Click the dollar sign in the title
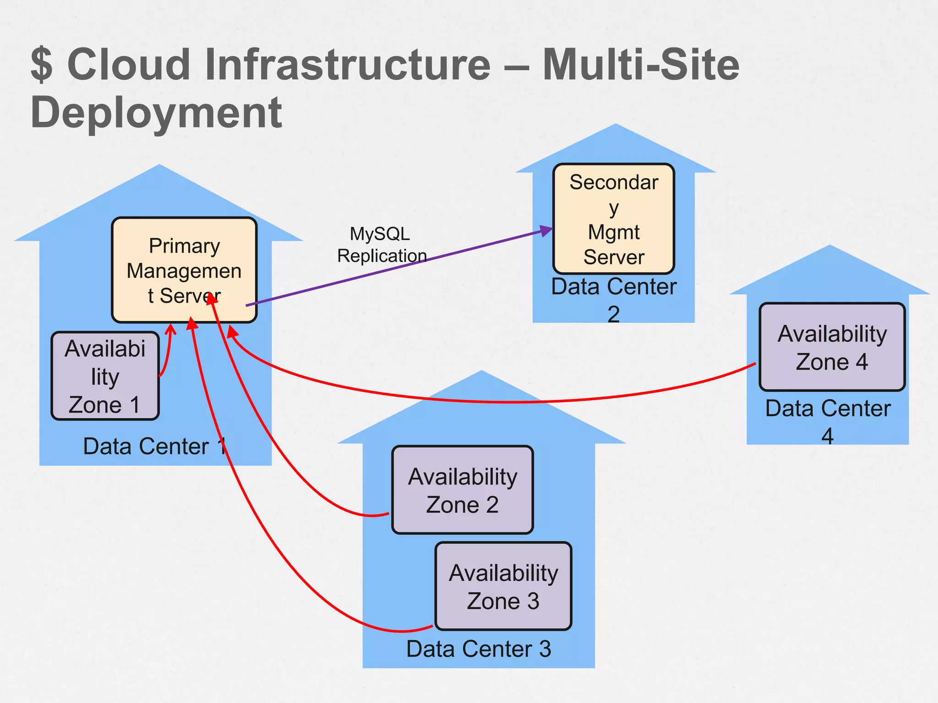pyautogui.click(x=42, y=65)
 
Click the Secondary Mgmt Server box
pyautogui.click(x=614, y=219)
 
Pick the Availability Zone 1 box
pyautogui.click(x=105, y=376)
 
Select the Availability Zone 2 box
pyautogui.click(x=463, y=490)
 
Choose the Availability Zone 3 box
pyautogui.click(x=503, y=586)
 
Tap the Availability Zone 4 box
pyautogui.click(x=832, y=347)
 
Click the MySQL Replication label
pyautogui.click(x=381, y=245)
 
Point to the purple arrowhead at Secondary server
pyautogui.click(x=547, y=231)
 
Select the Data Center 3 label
pyautogui.click(x=479, y=649)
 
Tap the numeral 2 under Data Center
pyautogui.click(x=614, y=314)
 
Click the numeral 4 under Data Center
pyautogui.click(x=827, y=436)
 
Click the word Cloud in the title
pyautogui.click(x=129, y=65)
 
